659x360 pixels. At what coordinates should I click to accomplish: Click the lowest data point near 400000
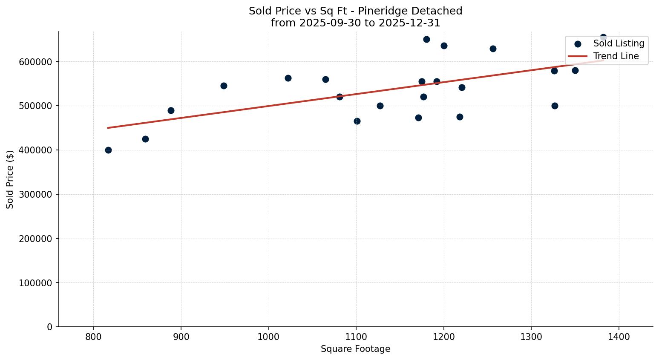108,150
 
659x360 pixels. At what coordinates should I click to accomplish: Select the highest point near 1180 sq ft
426,39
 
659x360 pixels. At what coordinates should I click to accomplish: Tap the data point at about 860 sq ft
145,139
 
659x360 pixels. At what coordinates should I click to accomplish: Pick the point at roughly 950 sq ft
224,86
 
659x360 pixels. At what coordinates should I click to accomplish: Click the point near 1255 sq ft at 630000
493,49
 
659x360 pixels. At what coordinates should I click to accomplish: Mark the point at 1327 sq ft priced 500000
555,106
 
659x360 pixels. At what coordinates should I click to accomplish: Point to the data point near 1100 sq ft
357,121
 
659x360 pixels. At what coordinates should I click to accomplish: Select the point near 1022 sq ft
288,78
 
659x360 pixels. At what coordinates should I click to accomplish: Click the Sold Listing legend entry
619,43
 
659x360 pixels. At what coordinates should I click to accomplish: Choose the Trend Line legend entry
616,56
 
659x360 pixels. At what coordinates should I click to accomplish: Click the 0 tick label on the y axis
50,327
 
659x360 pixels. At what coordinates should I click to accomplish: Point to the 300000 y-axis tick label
36,194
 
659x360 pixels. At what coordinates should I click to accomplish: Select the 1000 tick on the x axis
269,337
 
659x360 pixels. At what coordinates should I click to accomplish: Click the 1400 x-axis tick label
619,337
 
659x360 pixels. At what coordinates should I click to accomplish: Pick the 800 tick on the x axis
93,337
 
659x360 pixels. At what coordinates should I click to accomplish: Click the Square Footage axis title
355,349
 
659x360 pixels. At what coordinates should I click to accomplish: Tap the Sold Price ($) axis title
10,179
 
